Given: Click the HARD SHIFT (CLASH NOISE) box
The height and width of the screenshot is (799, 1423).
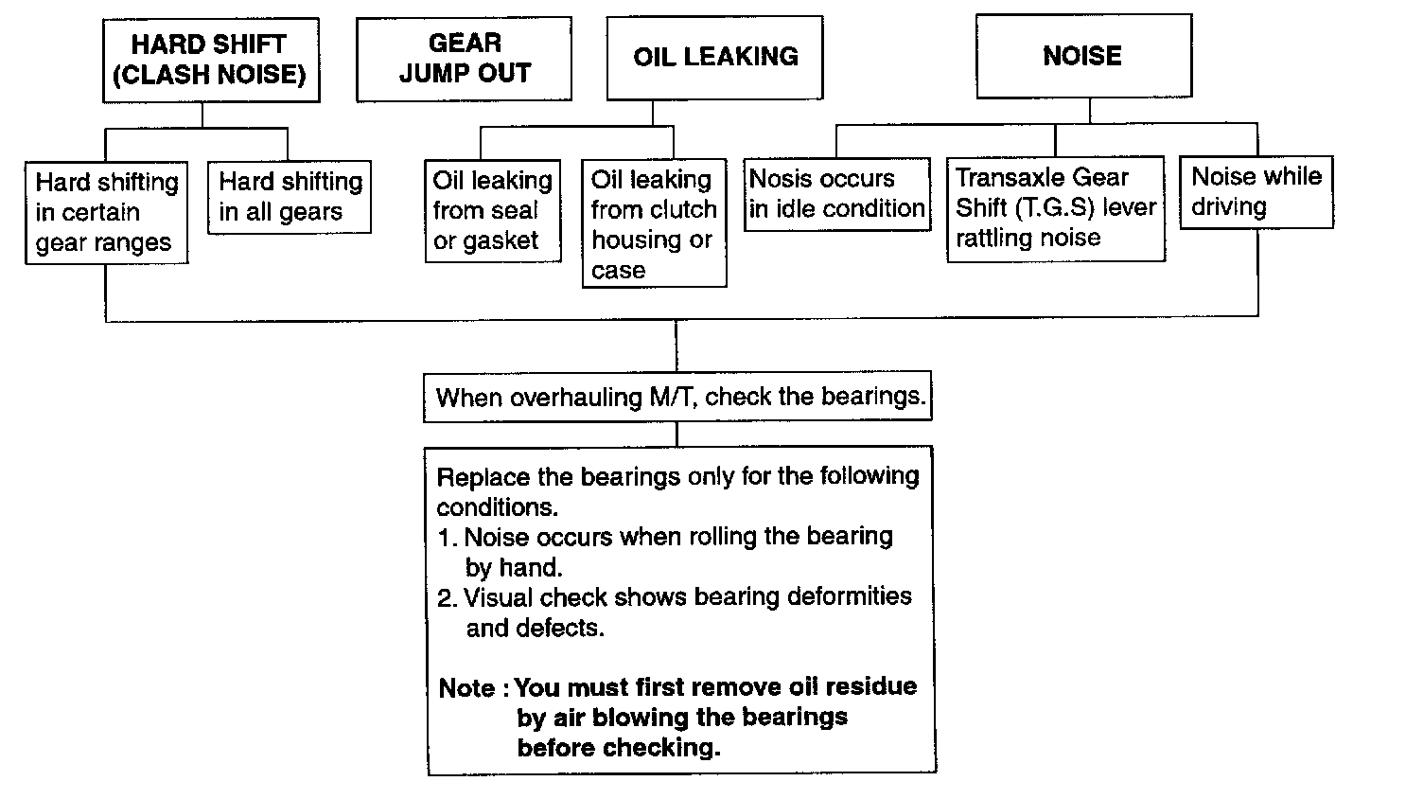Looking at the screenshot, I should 210,60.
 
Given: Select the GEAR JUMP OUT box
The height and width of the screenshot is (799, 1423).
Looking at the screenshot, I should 464,58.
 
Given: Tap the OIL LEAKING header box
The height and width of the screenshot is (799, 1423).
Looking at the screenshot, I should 714,57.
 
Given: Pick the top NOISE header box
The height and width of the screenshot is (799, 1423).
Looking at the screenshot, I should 1082,56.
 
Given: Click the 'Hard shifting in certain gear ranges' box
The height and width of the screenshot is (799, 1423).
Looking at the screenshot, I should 106,212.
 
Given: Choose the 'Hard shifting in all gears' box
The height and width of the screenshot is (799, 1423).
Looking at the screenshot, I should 290,197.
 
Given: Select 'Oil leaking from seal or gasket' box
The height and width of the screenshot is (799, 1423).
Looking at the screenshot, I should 492,210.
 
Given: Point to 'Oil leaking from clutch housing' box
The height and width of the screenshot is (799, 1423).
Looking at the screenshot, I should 654,223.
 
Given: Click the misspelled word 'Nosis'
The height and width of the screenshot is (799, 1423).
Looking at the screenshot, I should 774,179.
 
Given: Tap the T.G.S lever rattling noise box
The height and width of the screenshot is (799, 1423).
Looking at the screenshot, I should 1055,207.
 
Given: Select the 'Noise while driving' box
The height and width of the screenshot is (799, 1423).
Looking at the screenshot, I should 1256,192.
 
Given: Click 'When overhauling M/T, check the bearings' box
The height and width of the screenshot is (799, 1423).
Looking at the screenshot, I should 677,397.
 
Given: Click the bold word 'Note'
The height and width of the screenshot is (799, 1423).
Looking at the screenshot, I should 466,688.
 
